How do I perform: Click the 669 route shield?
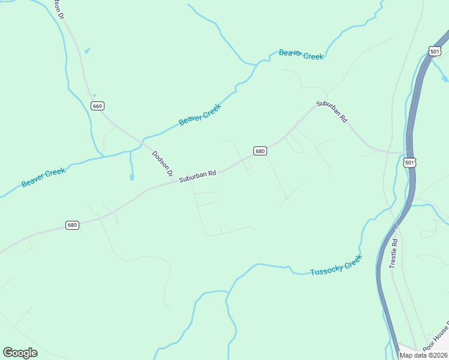tap(98, 106)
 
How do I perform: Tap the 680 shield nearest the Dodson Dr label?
tap(259, 151)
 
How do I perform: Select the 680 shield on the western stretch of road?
tap(72, 225)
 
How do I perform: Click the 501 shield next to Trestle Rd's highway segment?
tap(409, 163)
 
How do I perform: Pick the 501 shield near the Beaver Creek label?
tap(435, 52)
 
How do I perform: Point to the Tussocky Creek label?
tap(336, 265)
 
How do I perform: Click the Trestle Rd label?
tap(394, 253)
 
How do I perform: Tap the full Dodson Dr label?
tap(162, 166)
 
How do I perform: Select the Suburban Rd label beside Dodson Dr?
tap(197, 176)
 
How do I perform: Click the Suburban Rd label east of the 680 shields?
tap(332, 112)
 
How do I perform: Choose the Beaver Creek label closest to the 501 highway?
tap(301, 55)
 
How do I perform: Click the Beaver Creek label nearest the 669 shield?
tap(200, 114)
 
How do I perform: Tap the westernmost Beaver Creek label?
tap(43, 178)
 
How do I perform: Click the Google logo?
tap(20, 352)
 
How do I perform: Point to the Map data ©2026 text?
tap(422, 355)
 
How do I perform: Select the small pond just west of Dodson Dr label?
tap(131, 176)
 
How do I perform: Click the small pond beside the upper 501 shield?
tap(444, 78)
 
